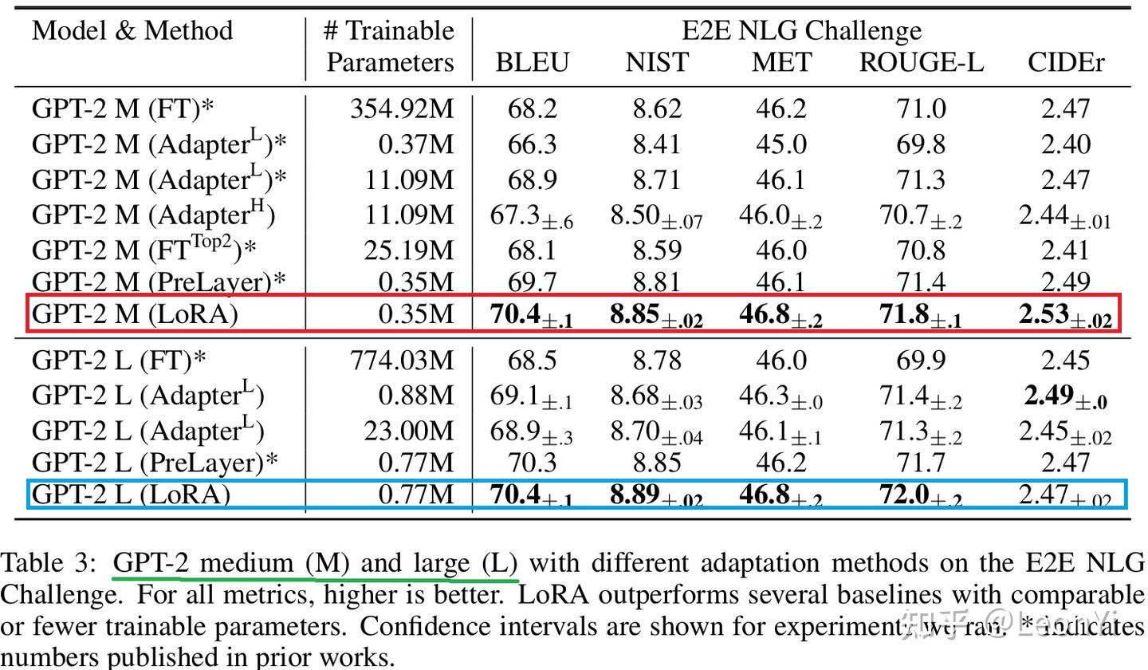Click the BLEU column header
pyautogui.click(x=532, y=62)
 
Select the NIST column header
pyautogui.click(x=656, y=62)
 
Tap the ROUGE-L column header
pyautogui.click(x=921, y=62)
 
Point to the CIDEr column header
pyautogui.click(x=1066, y=62)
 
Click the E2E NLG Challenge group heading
pyautogui.click(x=801, y=30)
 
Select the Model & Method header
pyautogui.click(x=132, y=30)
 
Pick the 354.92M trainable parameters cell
pyautogui.click(x=402, y=108)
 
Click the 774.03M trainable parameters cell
pyautogui.click(x=402, y=360)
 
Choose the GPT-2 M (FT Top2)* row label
pyautogui.click(x=144, y=250)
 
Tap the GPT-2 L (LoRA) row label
pyautogui.click(x=131, y=495)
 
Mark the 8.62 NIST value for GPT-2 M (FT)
pyautogui.click(x=657, y=108)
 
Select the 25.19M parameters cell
pyautogui.click(x=408, y=250)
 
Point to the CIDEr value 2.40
pyautogui.click(x=1065, y=144)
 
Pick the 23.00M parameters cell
pyautogui.click(x=408, y=431)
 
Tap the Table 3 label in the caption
pyautogui.click(x=49, y=563)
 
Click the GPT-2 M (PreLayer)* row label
pyautogui.click(x=159, y=282)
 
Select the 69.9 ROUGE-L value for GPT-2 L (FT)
pyautogui.click(x=921, y=360)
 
